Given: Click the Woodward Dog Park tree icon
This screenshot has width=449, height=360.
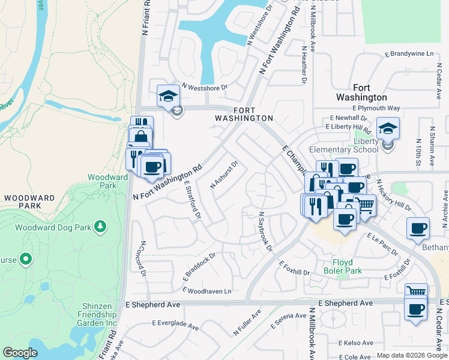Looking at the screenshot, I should click(101, 227).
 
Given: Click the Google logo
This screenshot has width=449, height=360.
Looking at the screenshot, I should click(20, 353).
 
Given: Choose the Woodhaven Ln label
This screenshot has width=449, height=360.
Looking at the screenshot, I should click(209, 291).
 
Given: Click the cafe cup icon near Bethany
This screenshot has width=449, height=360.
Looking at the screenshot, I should click(418, 229).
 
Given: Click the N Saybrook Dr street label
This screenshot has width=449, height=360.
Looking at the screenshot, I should click(265, 231).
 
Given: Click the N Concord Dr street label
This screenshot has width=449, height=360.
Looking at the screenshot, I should click(143, 258).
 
